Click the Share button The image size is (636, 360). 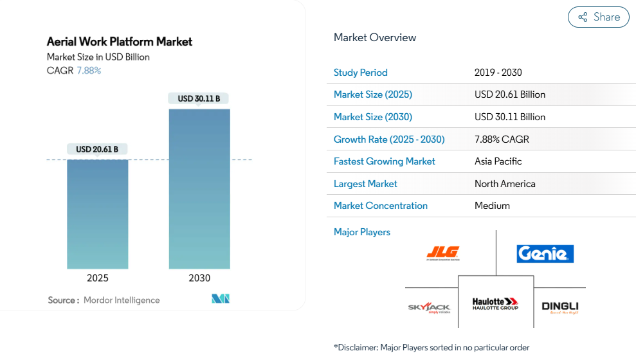pyautogui.click(x=598, y=17)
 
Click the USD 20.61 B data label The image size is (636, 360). pyautogui.click(x=97, y=149)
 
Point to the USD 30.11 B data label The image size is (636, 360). pyautogui.click(x=199, y=98)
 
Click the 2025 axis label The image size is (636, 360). pyautogui.click(x=98, y=278)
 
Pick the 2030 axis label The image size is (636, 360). pyautogui.click(x=199, y=278)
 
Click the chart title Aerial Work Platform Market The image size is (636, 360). pyautogui.click(x=120, y=42)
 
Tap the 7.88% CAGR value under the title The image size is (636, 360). pyautogui.click(x=89, y=71)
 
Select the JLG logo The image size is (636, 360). pyautogui.click(x=442, y=253)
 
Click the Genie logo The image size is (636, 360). pyautogui.click(x=545, y=254)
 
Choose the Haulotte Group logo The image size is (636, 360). pyautogui.click(x=495, y=304)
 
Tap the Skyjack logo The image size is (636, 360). pyautogui.click(x=430, y=307)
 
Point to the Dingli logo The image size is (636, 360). pyautogui.click(x=559, y=307)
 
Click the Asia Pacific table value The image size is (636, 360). pyautogui.click(x=498, y=161)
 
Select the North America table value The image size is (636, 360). pyautogui.click(x=505, y=184)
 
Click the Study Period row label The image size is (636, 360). pyautogui.click(x=361, y=73)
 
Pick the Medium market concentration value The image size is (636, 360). pyautogui.click(x=492, y=206)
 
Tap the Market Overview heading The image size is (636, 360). pyautogui.click(x=375, y=37)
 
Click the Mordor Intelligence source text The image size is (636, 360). pyautogui.click(x=122, y=300)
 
